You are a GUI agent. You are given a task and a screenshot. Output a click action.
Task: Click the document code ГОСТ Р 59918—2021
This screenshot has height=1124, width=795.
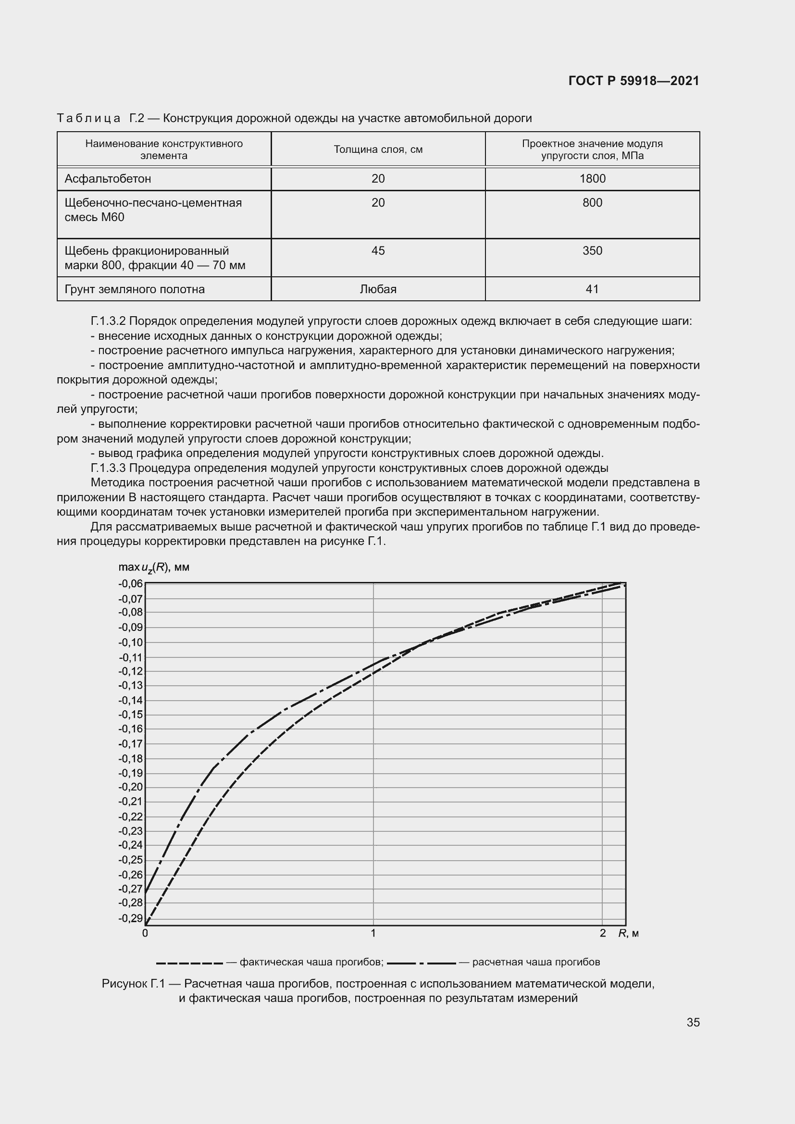(634, 81)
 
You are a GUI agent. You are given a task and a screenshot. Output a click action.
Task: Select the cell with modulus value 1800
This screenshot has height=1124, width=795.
(592, 179)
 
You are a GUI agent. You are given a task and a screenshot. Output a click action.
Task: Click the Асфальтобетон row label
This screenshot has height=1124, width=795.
(108, 179)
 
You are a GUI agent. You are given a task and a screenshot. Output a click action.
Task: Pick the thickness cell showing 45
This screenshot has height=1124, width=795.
(378, 251)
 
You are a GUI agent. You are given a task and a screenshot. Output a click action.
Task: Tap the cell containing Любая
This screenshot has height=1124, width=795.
(378, 289)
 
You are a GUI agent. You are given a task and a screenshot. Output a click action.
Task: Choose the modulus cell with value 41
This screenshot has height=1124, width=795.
(592, 289)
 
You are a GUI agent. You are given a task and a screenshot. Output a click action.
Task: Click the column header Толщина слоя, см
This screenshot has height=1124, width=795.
(378, 149)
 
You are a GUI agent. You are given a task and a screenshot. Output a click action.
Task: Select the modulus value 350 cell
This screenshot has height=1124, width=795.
(592, 251)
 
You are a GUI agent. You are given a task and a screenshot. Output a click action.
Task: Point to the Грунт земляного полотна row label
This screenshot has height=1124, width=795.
(135, 289)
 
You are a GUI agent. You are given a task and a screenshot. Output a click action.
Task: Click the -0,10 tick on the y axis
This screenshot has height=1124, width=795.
(131, 642)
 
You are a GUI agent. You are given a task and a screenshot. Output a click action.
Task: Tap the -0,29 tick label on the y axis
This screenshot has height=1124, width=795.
(131, 918)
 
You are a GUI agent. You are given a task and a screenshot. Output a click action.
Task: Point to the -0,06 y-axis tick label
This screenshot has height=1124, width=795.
(131, 583)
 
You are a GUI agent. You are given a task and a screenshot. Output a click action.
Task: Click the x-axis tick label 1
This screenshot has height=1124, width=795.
(373, 933)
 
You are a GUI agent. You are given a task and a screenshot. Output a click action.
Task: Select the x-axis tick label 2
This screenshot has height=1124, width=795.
(603, 933)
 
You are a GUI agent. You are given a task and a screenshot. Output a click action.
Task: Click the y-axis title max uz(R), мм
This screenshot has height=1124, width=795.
(154, 568)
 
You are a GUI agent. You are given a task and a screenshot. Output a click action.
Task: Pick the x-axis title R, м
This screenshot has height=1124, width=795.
(629, 934)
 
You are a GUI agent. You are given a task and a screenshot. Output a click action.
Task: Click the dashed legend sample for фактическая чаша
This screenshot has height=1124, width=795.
(190, 963)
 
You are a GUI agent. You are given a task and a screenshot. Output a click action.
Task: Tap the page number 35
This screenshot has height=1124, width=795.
(693, 1022)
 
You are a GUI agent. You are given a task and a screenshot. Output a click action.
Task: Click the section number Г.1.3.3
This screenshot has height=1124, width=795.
(108, 468)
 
